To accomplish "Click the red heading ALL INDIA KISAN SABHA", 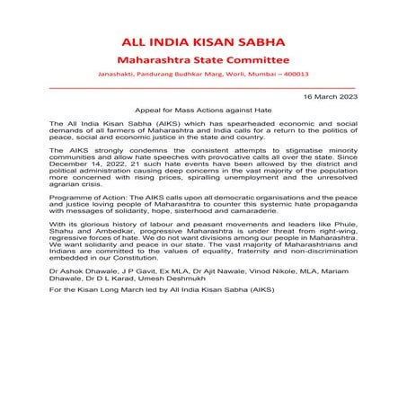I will point(202,43).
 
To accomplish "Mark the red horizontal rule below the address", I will point(202,87).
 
